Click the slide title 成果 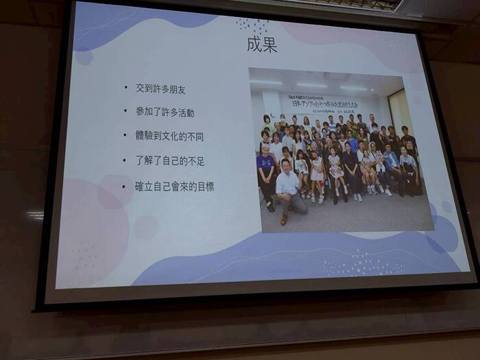pyautogui.click(x=261, y=45)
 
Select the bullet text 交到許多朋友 pyautogui.click(x=159, y=90)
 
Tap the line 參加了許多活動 pyautogui.click(x=164, y=112)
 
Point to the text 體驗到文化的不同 pyautogui.click(x=169, y=136)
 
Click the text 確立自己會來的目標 pyautogui.click(x=175, y=186)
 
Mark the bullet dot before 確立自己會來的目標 pyautogui.click(x=124, y=186)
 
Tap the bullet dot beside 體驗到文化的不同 pyautogui.click(x=125, y=136)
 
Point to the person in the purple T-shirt pyautogui.click(x=265, y=171)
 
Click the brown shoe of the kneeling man pyautogui.click(x=284, y=219)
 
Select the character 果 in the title pyautogui.click(x=269, y=45)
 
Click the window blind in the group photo pyautogui.click(x=400, y=110)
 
